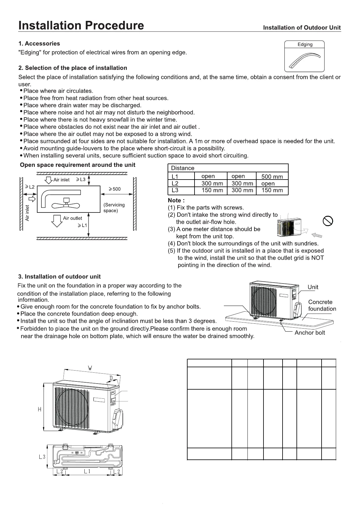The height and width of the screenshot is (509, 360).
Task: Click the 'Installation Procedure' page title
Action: (x=81, y=25)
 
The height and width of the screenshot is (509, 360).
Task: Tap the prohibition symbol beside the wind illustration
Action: (x=328, y=221)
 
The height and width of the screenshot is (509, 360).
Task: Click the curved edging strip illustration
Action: (x=305, y=60)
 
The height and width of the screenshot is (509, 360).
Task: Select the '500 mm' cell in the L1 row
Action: (x=272, y=177)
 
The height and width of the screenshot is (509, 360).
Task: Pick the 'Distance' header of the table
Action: (x=183, y=168)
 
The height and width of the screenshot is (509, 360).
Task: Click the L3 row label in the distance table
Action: (x=175, y=190)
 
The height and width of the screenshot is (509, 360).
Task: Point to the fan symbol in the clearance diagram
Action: (x=66, y=204)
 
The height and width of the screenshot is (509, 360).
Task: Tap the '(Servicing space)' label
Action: (x=114, y=208)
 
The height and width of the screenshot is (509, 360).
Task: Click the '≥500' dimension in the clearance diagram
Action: (x=115, y=189)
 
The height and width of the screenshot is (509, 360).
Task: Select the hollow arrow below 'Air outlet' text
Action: (x=57, y=220)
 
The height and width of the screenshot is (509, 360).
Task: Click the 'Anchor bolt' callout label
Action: (x=310, y=333)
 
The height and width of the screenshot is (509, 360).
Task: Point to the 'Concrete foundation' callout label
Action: (x=322, y=305)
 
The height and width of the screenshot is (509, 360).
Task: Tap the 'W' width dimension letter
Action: (x=90, y=368)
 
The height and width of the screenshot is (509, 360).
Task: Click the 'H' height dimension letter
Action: (x=39, y=409)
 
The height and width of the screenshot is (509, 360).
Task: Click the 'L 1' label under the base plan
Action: (x=87, y=471)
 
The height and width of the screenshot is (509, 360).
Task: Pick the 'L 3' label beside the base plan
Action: (x=42, y=457)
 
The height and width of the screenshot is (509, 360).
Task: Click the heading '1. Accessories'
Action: (x=39, y=44)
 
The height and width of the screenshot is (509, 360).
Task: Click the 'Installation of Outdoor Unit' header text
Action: (x=302, y=28)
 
